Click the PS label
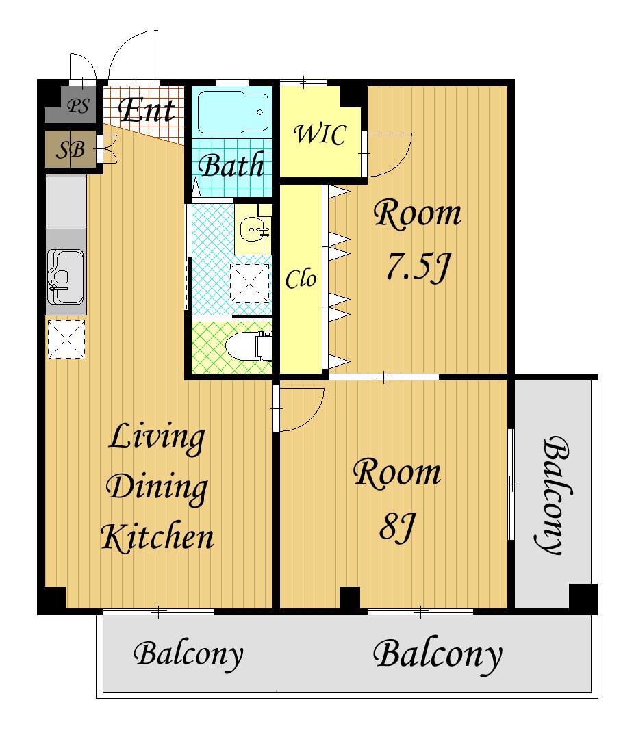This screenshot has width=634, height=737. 78,106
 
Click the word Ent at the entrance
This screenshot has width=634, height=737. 147,110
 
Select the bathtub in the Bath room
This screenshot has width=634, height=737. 233,112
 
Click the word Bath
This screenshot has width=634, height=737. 231,165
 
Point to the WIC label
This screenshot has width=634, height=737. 320,134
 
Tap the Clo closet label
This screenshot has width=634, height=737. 301,279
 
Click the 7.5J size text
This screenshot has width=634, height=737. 418,267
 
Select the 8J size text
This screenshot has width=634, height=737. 397,528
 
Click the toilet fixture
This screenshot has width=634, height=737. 249,347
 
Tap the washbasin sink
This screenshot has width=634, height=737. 253,230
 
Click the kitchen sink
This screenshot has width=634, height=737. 65,276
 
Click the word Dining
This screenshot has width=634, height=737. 157,489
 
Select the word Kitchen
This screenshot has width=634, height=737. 157,536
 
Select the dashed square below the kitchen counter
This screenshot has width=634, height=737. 66,339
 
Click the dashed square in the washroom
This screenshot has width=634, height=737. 250,283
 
